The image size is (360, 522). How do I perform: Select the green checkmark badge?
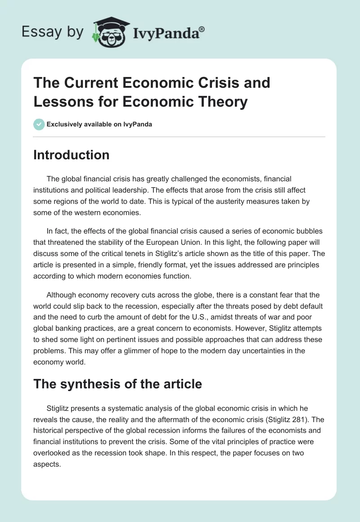39,124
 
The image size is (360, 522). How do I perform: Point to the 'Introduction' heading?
71,155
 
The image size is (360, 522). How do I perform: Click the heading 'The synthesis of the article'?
117,384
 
